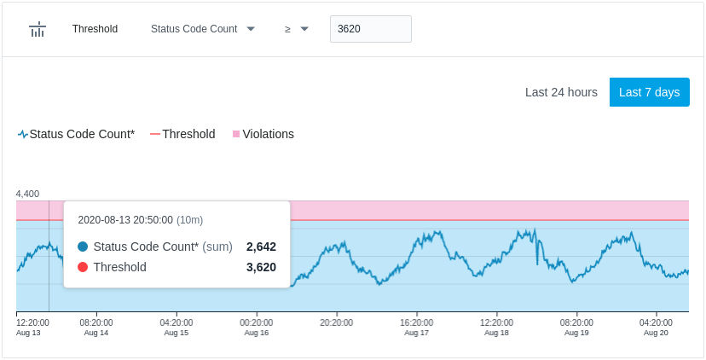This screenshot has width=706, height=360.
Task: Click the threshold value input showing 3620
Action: click(371, 29)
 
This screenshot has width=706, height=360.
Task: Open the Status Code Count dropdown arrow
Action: click(251, 29)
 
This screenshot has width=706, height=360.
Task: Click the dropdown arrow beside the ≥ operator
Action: click(304, 29)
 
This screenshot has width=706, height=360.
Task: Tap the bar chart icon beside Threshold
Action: click(38, 29)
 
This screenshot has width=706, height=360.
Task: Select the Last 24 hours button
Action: click(561, 92)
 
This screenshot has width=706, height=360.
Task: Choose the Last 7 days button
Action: click(649, 92)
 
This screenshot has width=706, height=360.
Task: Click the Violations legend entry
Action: click(263, 134)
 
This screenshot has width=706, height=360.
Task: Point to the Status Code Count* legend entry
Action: click(76, 134)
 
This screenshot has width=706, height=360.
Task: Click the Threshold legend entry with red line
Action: click(182, 134)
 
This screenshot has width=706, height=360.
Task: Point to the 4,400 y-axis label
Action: click(27, 194)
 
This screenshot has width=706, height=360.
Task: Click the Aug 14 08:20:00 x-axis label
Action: click(96, 328)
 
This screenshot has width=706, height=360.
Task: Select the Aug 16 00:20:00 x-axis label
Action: click(256, 328)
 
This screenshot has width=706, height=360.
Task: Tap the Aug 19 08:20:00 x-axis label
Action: click(576, 328)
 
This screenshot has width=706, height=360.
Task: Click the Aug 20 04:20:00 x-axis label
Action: click(656, 328)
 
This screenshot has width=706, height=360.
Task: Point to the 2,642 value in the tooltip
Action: click(261, 247)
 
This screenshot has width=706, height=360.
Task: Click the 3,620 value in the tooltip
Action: click(261, 267)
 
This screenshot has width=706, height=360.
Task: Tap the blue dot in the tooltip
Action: click(83, 247)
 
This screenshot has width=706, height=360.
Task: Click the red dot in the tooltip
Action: click(83, 267)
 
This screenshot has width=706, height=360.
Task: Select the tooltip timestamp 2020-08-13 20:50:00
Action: click(125, 220)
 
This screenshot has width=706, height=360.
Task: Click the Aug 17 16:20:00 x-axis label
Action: click(416, 328)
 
